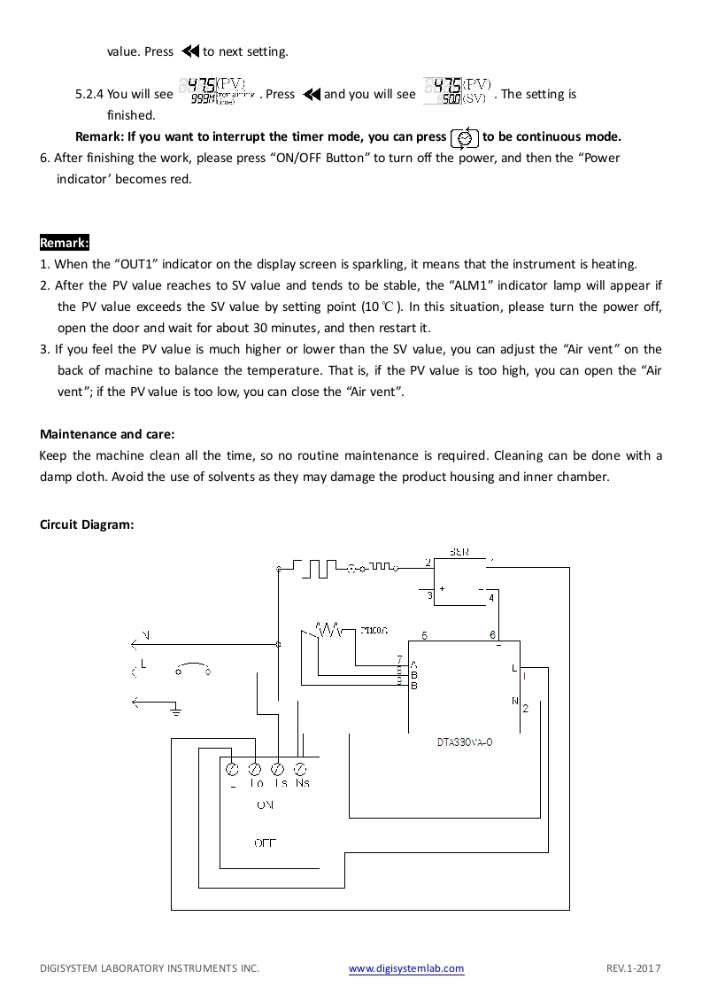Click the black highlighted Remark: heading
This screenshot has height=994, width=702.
tap(65, 243)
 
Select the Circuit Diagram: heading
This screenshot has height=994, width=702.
tap(87, 524)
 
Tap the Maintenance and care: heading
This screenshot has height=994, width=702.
tap(107, 434)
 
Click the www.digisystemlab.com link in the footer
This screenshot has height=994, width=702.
tap(406, 969)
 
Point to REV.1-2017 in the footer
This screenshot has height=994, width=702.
tap(634, 969)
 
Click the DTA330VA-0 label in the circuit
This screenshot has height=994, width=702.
tap(464, 742)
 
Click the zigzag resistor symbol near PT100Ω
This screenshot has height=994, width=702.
tap(329, 630)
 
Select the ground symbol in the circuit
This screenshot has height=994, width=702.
tap(176, 708)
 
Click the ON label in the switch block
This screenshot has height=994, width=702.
tap(265, 805)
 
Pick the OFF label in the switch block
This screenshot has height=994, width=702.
tap(265, 843)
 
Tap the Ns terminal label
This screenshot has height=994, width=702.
tap(302, 783)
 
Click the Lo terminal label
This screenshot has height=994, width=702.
tap(257, 783)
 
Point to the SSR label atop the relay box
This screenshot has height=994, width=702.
tap(459, 553)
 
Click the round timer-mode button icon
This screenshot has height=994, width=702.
tap(465, 138)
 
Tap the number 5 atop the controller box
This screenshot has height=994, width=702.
tap(425, 635)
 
